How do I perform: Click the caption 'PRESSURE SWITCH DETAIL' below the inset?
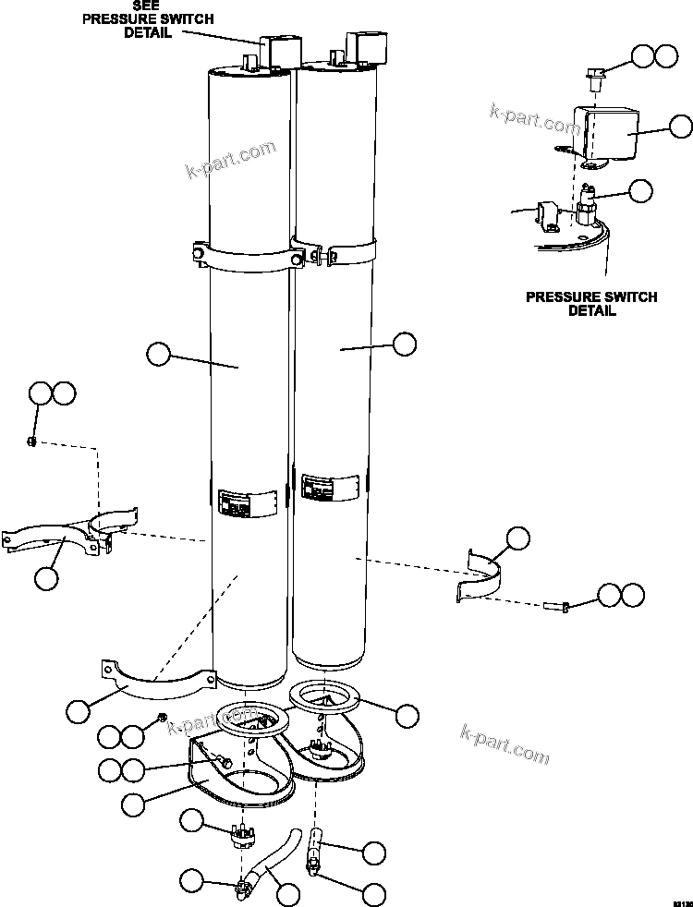[591, 304]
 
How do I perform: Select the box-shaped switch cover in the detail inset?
[608, 135]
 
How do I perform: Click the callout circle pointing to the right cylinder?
[404, 345]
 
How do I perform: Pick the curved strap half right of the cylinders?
[485, 577]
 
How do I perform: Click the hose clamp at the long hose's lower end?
[243, 890]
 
